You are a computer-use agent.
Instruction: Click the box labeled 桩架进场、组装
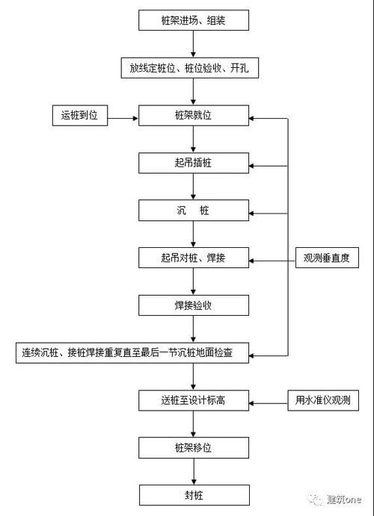(x=194, y=21)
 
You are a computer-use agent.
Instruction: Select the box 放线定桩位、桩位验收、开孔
(x=194, y=68)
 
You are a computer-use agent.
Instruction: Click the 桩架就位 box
(x=194, y=116)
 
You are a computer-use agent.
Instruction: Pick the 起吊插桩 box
(x=194, y=163)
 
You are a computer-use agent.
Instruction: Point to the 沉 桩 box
(x=194, y=211)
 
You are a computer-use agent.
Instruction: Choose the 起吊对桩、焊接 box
(x=194, y=258)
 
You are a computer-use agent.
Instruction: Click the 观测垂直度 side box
(x=326, y=258)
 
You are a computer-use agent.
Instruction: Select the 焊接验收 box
(x=194, y=305)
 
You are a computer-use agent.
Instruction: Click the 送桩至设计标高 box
(x=194, y=400)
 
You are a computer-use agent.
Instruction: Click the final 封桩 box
(x=194, y=494)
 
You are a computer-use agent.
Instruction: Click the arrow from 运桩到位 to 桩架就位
(x=124, y=116)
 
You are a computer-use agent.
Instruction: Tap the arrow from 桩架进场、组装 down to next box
(x=194, y=44)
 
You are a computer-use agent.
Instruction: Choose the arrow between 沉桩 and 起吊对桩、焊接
(x=194, y=234)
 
